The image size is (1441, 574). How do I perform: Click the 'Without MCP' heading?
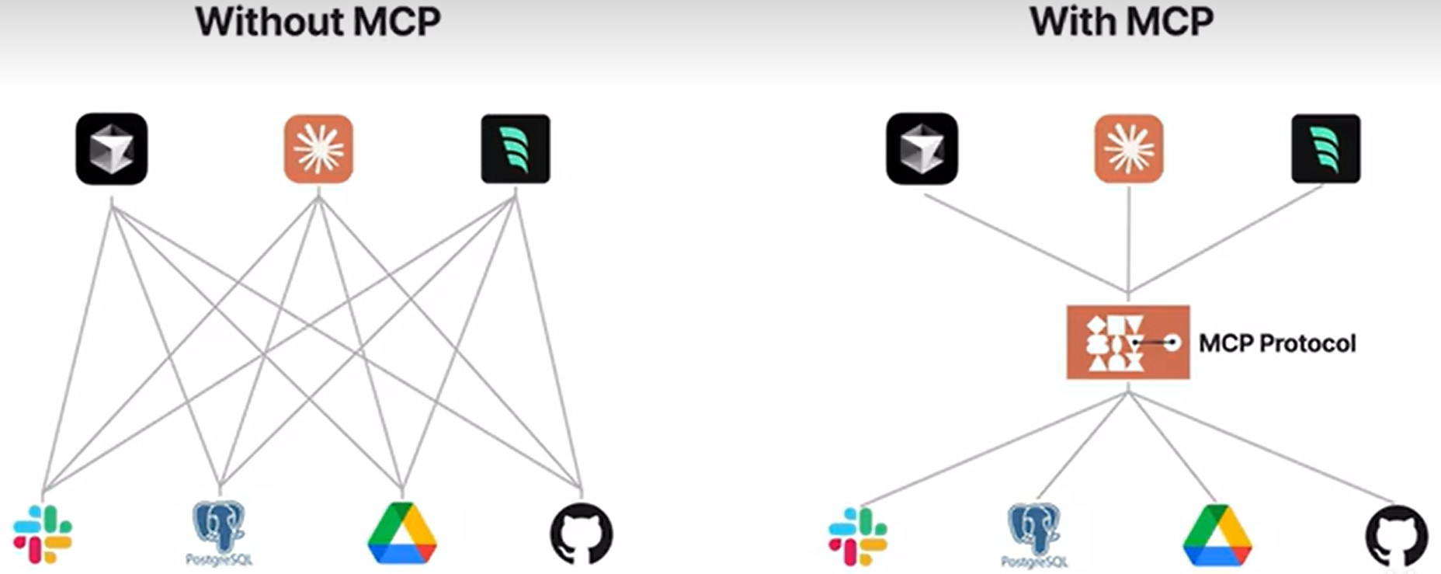(318, 22)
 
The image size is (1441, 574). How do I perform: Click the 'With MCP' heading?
(1121, 22)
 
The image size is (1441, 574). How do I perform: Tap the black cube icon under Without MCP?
(112, 149)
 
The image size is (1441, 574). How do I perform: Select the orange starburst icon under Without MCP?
(318, 149)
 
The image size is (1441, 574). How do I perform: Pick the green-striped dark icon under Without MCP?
(516, 149)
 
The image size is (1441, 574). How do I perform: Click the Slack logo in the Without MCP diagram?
(43, 534)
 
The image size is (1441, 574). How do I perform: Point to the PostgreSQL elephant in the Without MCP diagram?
(219, 528)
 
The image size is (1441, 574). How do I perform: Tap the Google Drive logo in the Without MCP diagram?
(402, 534)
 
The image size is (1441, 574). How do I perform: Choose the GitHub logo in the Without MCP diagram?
(582, 534)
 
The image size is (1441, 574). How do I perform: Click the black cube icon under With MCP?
(922, 149)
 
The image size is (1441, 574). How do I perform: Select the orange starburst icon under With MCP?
(1129, 149)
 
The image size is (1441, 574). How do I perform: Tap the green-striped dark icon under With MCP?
(1326, 149)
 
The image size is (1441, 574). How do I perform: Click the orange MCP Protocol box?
(1127, 342)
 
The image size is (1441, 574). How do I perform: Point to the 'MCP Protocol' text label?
(1277, 343)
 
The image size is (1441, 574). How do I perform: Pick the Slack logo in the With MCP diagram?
(858, 536)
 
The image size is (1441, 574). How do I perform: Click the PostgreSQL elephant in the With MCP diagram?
(1034, 530)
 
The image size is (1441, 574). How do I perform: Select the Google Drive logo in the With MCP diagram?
(1217, 535)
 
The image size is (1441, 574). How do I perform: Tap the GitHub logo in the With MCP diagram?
(1397, 535)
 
